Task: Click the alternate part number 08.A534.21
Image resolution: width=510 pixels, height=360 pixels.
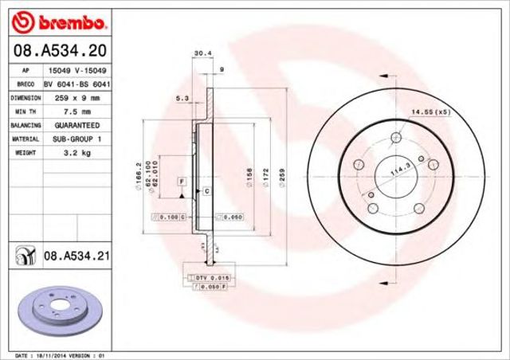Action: click(x=76, y=256)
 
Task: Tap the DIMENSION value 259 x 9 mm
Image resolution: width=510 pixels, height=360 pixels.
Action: click(x=77, y=97)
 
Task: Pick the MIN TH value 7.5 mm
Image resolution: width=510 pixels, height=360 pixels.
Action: click(x=77, y=112)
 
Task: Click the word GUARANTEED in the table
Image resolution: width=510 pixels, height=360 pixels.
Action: click(x=77, y=126)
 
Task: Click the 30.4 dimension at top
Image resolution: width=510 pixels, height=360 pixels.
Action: click(x=202, y=55)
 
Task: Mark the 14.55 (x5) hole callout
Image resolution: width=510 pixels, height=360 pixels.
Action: click(x=430, y=112)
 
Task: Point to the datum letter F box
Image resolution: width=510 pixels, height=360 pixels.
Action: click(x=182, y=182)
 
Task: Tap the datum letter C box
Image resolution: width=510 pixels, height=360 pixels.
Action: click(x=207, y=192)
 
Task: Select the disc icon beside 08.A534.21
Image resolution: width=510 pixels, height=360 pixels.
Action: click(x=24, y=256)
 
